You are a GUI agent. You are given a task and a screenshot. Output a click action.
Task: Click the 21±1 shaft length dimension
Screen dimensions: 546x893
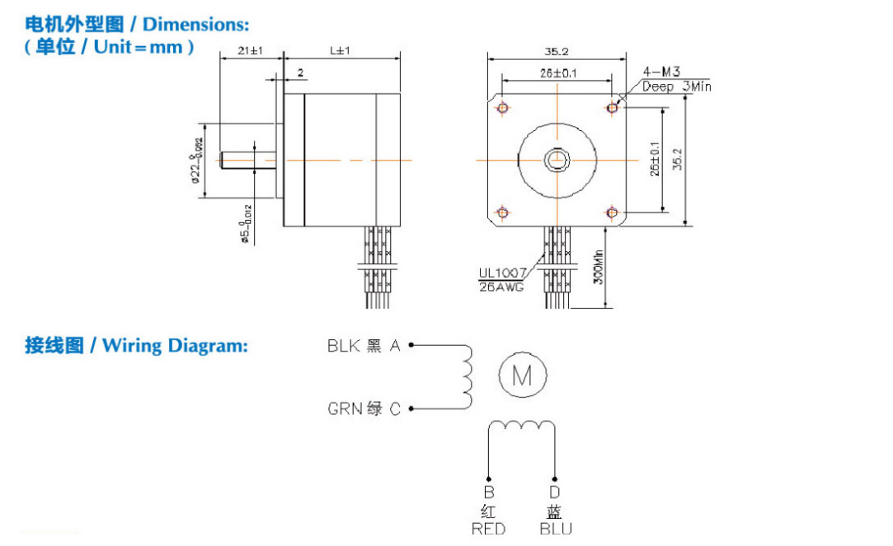pos(249,51)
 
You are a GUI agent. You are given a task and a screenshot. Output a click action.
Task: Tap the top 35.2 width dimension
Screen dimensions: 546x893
pos(557,51)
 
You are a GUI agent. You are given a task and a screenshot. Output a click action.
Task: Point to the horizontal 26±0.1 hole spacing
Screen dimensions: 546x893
pos(557,73)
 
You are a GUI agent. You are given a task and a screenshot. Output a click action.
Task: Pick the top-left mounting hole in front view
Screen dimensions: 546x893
pos(502,107)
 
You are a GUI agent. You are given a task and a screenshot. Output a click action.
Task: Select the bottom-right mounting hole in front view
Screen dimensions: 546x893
pos(612,212)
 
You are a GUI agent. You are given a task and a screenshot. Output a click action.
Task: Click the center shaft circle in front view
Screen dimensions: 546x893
pos(557,159)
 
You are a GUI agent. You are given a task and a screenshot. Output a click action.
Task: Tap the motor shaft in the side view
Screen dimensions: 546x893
pos(248,159)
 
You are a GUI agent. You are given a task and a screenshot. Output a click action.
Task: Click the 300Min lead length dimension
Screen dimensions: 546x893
pos(599,267)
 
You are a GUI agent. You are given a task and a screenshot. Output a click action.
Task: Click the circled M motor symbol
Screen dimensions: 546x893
pos(523,376)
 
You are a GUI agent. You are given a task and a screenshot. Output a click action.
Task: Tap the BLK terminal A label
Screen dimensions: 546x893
pos(364,347)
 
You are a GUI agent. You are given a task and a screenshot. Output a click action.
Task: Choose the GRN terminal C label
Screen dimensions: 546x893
pos(364,408)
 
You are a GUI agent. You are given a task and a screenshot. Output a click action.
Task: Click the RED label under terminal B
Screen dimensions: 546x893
pos(488,529)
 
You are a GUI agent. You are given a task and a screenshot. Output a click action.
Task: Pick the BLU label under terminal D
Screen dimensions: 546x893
pos(555,529)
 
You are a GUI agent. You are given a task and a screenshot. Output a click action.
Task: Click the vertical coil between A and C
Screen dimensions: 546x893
pos(468,377)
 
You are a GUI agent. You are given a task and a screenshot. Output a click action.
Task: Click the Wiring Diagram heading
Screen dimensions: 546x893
pos(136,345)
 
